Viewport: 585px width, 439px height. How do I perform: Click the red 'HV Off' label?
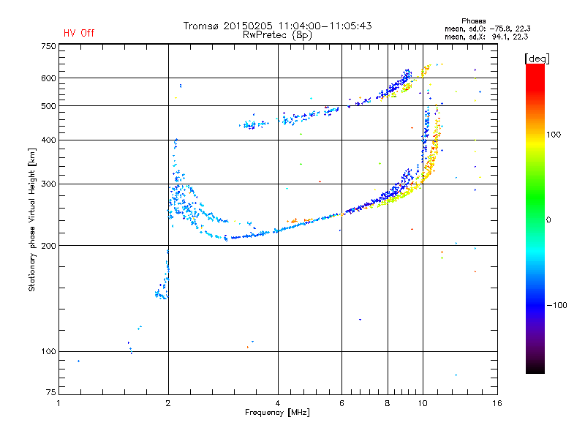pyautogui.click(x=79, y=33)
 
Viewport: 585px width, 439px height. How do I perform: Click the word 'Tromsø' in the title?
pyautogui.click(x=202, y=26)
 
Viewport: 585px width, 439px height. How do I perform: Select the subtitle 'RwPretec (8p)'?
pyautogui.click(x=278, y=34)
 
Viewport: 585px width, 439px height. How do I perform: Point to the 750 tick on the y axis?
pyautogui.click(x=48, y=46)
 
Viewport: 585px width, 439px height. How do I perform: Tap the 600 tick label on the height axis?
pyautogui.click(x=48, y=78)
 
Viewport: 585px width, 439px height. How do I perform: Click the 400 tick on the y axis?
pyautogui.click(x=48, y=140)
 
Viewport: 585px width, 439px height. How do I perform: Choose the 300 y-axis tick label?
pyautogui.click(x=48, y=184)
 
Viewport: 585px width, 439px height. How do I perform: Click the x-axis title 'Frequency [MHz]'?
pyautogui.click(x=277, y=413)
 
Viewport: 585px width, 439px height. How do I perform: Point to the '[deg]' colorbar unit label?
pyautogui.click(x=537, y=58)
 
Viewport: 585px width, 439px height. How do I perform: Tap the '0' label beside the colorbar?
pyautogui.click(x=549, y=219)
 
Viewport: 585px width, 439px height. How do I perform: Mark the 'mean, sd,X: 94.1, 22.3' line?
pyautogui.click(x=486, y=36)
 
